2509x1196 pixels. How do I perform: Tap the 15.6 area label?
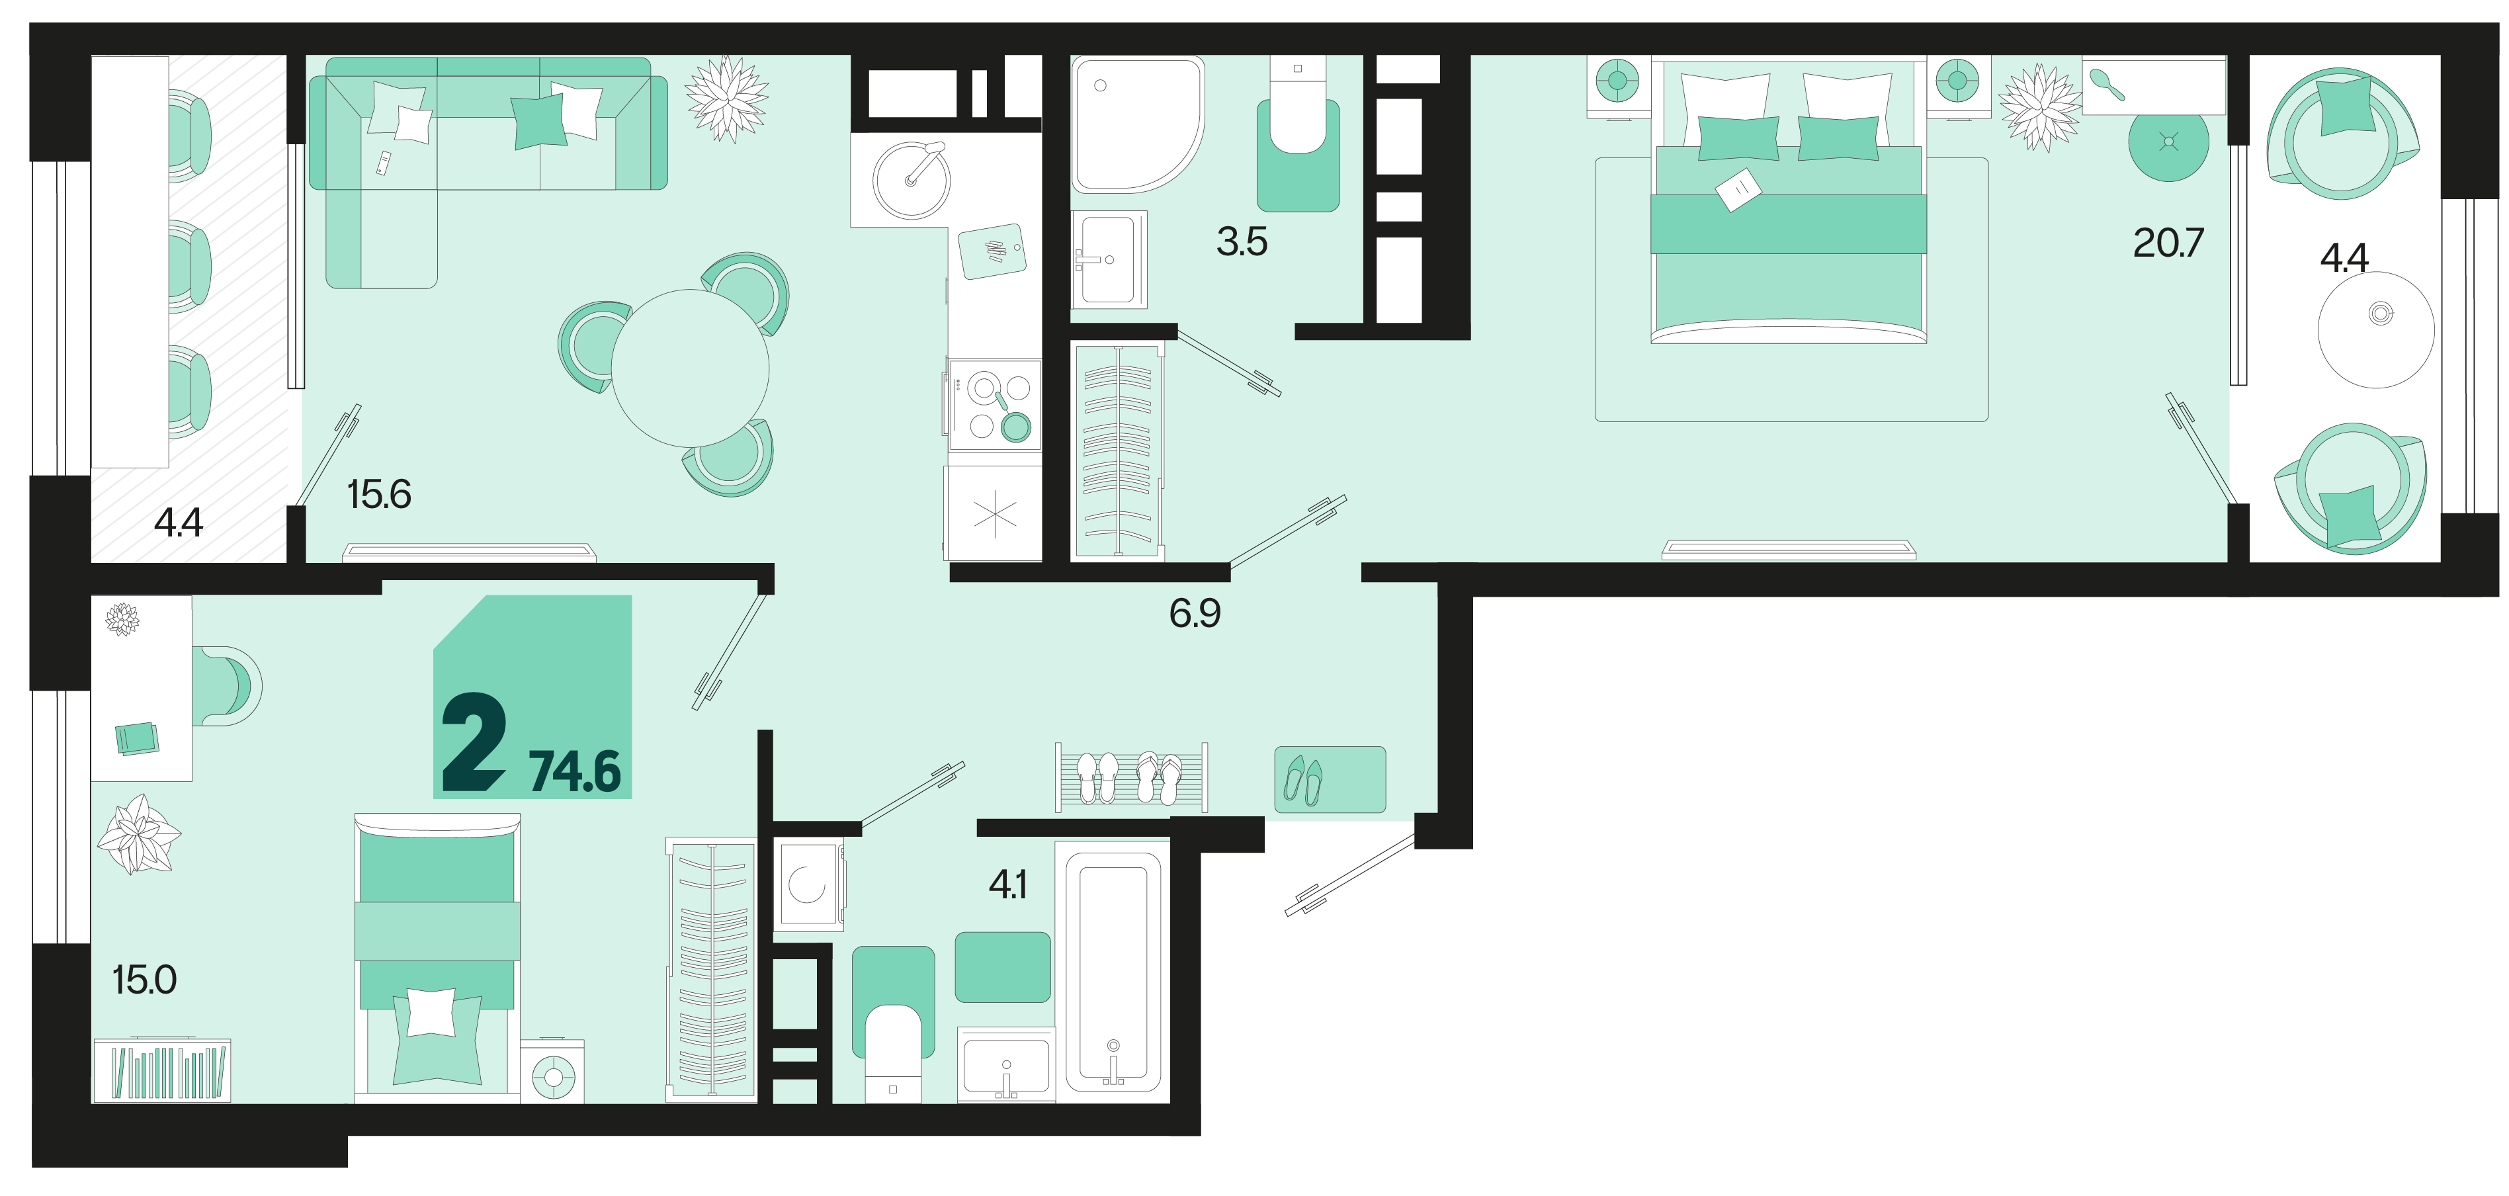pyautogui.click(x=379, y=495)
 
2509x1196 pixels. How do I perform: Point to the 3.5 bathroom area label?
pyautogui.click(x=1242, y=241)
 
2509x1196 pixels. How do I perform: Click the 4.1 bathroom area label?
pyautogui.click(x=1008, y=884)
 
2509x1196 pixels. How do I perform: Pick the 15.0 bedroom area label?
pyautogui.click(x=144, y=980)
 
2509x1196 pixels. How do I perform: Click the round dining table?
pyautogui.click(x=689, y=368)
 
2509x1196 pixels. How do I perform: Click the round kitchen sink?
pyautogui.click(x=912, y=180)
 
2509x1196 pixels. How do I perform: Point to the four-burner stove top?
pyautogui.click(x=994, y=405)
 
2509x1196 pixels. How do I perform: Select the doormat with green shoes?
pyautogui.click(x=1330, y=779)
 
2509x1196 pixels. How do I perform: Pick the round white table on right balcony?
pyautogui.click(x=2377, y=330)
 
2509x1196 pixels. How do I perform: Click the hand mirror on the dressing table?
pyautogui.click(x=2107, y=85)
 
